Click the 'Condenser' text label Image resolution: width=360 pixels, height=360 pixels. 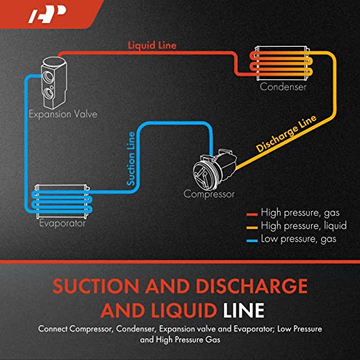283,87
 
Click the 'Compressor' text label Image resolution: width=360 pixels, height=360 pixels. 209,194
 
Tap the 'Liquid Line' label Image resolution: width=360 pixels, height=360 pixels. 152,46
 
